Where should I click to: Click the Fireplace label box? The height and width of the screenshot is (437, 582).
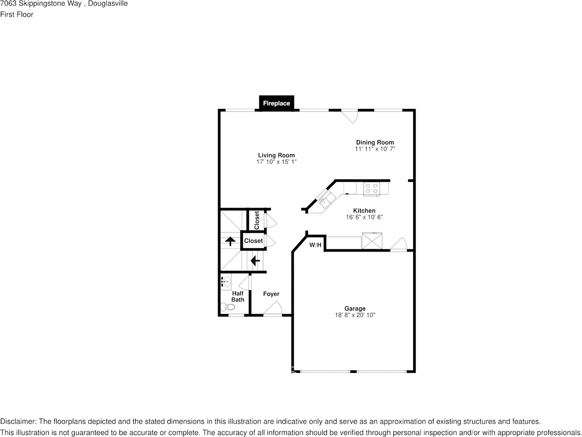[x=276, y=103]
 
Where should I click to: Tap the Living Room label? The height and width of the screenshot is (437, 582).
[x=276, y=156]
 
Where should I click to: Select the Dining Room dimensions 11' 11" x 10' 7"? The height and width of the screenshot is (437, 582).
[x=375, y=149]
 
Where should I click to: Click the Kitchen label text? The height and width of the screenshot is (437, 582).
[x=364, y=211]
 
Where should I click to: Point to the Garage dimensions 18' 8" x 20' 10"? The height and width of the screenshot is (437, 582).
[x=355, y=315]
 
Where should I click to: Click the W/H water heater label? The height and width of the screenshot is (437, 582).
[x=315, y=245]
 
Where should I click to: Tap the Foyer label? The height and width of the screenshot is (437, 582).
[x=271, y=294]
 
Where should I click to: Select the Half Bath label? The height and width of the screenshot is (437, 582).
[x=238, y=297]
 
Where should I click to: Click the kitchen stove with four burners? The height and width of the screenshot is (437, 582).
[x=372, y=188]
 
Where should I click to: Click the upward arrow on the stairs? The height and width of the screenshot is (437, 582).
[x=229, y=240]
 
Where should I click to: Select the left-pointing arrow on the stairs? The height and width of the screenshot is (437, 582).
[x=255, y=261]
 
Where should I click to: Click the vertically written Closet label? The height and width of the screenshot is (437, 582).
[x=257, y=220]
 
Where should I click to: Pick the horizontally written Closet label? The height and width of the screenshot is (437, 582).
[x=253, y=241]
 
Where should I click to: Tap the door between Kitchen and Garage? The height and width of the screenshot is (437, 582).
[x=399, y=244]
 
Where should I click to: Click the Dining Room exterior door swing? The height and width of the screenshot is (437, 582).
[x=350, y=116]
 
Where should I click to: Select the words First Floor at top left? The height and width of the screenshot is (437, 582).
[x=17, y=14]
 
